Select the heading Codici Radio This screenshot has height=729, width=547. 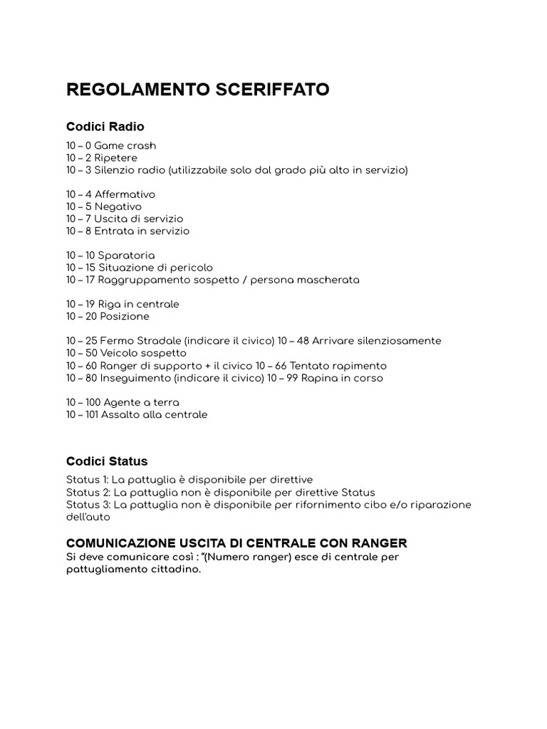105,127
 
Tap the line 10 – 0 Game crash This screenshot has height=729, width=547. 110,146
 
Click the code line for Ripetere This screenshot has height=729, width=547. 102,158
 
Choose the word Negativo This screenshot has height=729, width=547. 118,206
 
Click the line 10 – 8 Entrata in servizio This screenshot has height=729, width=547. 127,231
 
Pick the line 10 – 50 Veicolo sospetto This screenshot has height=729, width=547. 126,352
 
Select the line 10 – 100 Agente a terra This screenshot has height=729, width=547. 123,402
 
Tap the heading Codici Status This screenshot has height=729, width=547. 107,461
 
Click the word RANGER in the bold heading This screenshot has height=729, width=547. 379,543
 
